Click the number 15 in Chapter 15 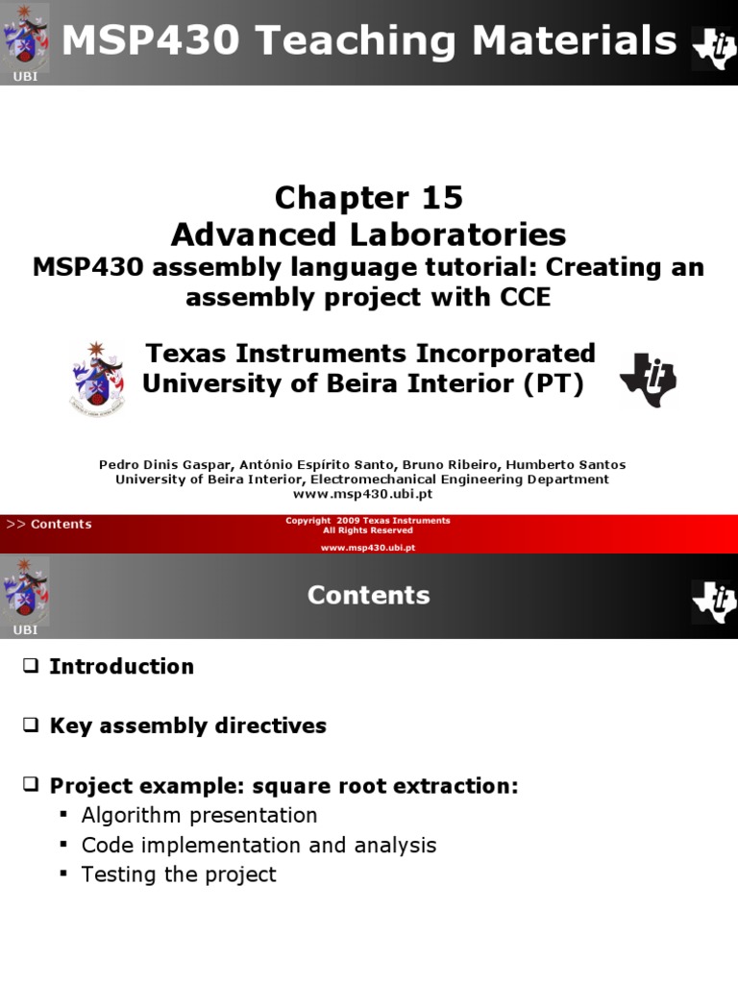pyautogui.click(x=440, y=198)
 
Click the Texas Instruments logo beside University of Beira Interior pyautogui.click(x=649, y=378)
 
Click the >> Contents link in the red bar pyautogui.click(x=49, y=524)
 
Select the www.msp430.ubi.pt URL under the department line pyautogui.click(x=362, y=494)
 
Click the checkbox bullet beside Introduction pyautogui.click(x=31, y=666)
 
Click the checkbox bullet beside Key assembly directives pyautogui.click(x=31, y=726)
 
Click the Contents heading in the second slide pyautogui.click(x=368, y=596)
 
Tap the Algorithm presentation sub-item pyautogui.click(x=199, y=815)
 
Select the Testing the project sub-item pyautogui.click(x=179, y=874)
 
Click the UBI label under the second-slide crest pyautogui.click(x=25, y=630)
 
